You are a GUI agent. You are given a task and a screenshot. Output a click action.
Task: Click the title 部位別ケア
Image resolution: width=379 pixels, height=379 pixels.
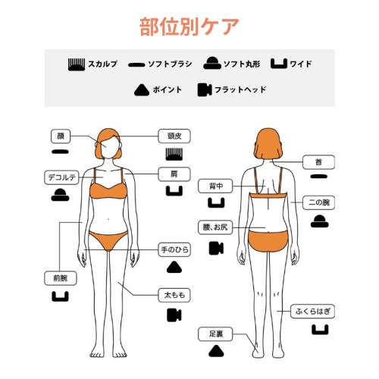click(189, 26)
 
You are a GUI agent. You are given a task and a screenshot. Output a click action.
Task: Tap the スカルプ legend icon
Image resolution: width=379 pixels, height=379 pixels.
click(76, 64)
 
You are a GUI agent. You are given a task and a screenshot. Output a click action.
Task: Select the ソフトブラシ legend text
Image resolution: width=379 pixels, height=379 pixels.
click(169, 64)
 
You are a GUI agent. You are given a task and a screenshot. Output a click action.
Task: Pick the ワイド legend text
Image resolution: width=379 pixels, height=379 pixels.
click(302, 64)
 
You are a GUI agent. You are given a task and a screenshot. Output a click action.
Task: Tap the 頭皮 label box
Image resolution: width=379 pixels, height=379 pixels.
click(174, 136)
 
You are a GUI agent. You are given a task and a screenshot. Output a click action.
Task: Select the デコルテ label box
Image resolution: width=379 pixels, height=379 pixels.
click(59, 178)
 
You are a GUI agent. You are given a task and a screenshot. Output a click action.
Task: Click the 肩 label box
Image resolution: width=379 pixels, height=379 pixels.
click(174, 174)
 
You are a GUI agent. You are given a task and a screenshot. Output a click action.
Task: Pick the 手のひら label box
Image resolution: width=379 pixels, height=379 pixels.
click(174, 249)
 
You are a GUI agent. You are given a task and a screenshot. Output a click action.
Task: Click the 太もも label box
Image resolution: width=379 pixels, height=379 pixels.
click(174, 293)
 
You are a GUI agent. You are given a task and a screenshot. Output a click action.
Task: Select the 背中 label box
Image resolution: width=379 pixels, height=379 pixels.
click(214, 185)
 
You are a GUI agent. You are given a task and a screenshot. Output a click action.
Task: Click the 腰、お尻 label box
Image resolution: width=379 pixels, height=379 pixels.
click(215, 227)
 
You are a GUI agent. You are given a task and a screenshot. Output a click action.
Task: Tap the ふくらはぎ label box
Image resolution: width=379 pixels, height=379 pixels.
click(318, 312)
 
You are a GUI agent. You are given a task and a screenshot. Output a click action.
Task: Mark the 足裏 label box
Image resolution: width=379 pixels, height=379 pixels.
click(214, 333)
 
